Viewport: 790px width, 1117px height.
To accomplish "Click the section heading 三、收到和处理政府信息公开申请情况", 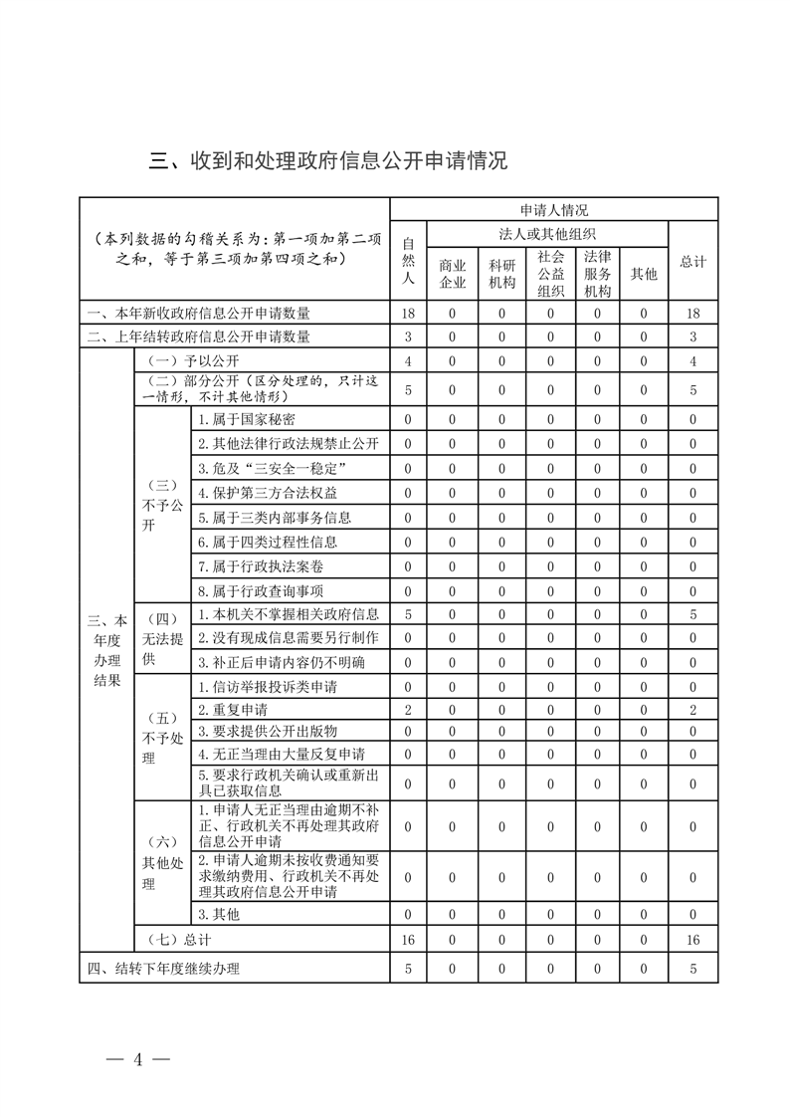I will [328, 160].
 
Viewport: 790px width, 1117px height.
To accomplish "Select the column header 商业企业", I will [452, 273].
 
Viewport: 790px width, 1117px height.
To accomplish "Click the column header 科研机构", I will [501, 273].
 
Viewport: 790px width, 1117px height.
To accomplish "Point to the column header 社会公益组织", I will [550, 273].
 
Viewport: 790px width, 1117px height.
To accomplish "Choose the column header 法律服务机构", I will [598, 273].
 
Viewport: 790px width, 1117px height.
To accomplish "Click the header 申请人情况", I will [553, 210].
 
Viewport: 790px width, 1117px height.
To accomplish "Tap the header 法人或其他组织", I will [547, 234].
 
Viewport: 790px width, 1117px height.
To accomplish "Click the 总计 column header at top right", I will [692, 261].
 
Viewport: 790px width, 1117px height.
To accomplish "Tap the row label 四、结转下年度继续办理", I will [163, 968].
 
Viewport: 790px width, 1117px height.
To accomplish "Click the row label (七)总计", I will [179, 939].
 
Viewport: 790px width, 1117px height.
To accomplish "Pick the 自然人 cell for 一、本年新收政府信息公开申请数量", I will [407, 313].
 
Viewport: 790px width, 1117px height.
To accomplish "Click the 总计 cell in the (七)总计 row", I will [692, 939].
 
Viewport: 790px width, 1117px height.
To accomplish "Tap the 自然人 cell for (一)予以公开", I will [407, 360].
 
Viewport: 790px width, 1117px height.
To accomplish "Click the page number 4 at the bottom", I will [138, 1058].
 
